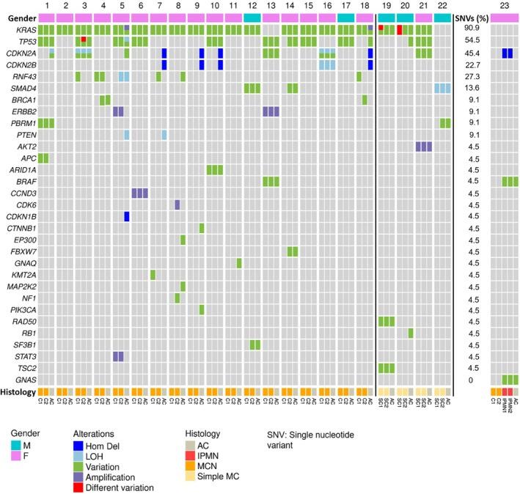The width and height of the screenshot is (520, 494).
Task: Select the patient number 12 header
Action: point(252,5)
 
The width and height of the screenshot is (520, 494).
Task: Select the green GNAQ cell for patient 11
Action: point(239,263)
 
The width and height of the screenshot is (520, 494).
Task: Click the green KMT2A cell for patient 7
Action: point(153,275)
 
